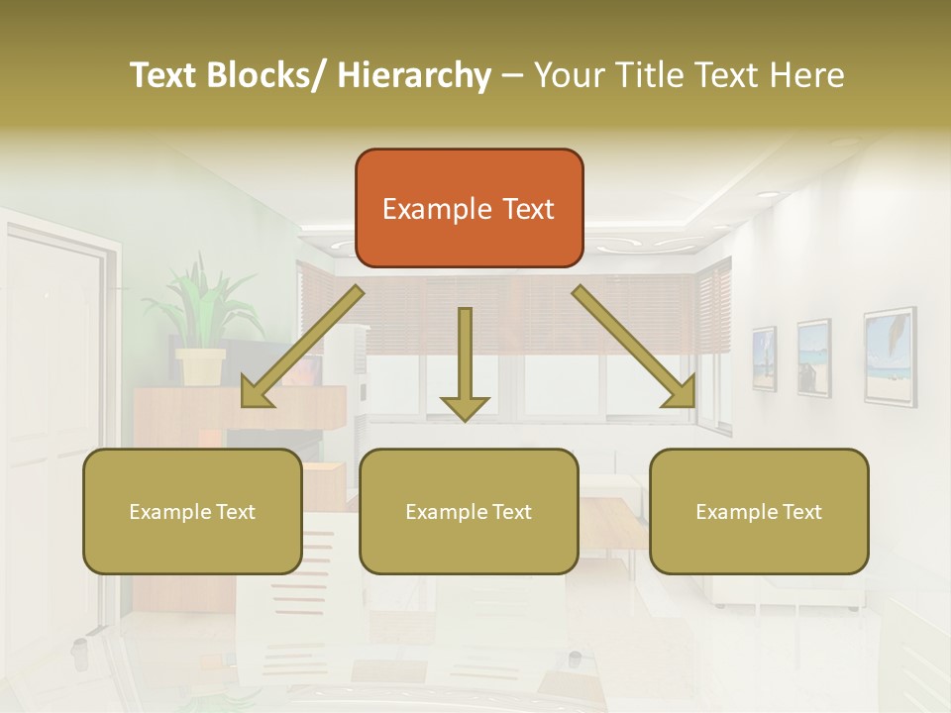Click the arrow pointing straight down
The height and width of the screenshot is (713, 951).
point(465,366)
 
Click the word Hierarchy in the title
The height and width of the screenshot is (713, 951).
point(414,75)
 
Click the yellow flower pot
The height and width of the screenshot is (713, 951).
point(201,365)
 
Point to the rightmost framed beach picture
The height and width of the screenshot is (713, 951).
point(889,356)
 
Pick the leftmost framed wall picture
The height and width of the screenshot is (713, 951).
point(764,358)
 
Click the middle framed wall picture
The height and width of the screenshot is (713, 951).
point(813,357)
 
